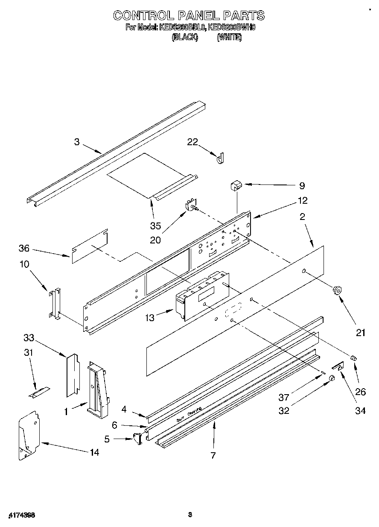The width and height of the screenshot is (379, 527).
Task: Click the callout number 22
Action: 193,142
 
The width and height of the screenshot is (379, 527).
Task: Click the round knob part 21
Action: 337,291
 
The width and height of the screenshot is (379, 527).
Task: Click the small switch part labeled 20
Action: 190,206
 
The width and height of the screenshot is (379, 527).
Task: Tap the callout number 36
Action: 24,248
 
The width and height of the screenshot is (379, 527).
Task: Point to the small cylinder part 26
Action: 353,357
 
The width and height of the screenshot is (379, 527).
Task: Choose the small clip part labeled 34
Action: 338,366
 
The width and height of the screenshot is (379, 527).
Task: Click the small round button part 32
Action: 332,379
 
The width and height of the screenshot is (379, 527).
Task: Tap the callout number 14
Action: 94,452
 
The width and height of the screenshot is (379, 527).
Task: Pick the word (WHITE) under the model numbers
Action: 229,38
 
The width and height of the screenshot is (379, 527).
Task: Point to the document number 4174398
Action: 21,515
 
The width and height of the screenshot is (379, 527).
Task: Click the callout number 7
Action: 213,455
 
